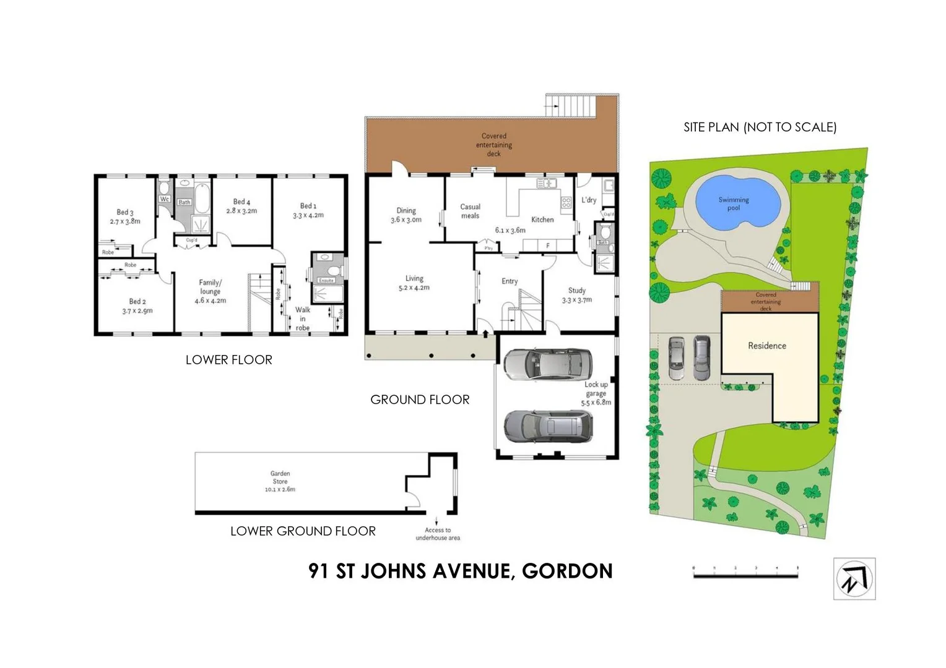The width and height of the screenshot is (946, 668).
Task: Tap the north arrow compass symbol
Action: point(854,579)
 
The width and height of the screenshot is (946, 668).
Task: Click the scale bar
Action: point(745,574)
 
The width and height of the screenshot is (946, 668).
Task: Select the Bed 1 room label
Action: point(308,206)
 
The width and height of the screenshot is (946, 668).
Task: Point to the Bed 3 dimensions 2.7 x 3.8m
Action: point(125,221)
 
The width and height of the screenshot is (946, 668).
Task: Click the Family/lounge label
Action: point(210,287)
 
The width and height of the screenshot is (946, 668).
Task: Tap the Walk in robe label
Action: point(303,319)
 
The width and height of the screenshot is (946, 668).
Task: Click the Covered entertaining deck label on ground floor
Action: point(494,145)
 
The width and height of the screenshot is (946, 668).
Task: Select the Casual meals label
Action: point(470,211)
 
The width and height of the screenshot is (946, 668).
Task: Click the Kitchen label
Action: point(542,220)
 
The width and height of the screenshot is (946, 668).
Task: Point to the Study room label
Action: point(577,290)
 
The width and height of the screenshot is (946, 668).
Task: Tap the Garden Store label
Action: point(280,477)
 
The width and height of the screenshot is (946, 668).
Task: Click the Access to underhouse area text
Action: point(438,534)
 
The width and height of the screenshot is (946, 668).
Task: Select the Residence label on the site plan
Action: point(767,346)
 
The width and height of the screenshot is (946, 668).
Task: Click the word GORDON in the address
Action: point(567,571)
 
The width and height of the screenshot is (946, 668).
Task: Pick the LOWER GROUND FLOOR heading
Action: point(303,531)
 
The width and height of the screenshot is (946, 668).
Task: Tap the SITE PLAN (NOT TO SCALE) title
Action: point(760,127)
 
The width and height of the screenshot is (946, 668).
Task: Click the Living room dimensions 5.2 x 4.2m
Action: point(414,288)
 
